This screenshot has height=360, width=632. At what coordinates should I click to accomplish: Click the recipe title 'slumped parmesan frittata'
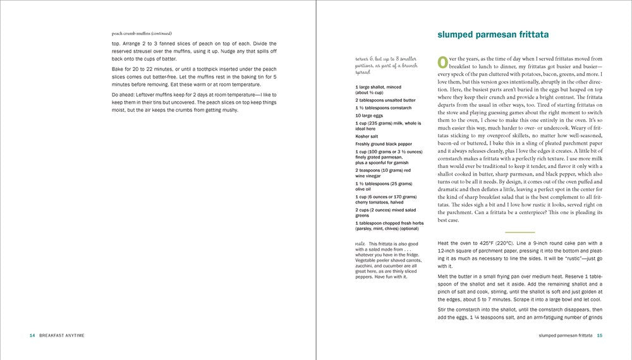[x=492, y=34]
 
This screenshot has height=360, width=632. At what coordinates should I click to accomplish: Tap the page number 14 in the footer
[x=32, y=335]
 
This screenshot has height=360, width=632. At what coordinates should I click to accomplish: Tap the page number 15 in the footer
[x=600, y=335]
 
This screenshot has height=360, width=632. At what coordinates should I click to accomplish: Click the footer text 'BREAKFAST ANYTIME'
[x=62, y=335]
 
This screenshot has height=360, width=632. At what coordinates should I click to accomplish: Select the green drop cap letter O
[x=443, y=63]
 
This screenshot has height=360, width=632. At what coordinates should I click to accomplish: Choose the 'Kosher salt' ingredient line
[x=367, y=136]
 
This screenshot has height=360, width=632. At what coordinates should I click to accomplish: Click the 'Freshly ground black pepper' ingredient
[x=384, y=144]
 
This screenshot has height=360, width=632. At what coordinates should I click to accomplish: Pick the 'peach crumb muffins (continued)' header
[x=141, y=33]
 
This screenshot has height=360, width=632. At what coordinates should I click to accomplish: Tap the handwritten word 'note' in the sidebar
[x=360, y=243]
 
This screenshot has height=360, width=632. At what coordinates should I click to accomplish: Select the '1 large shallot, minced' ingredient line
[x=379, y=87]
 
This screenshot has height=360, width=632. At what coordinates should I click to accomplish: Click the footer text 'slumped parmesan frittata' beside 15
[x=561, y=335]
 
